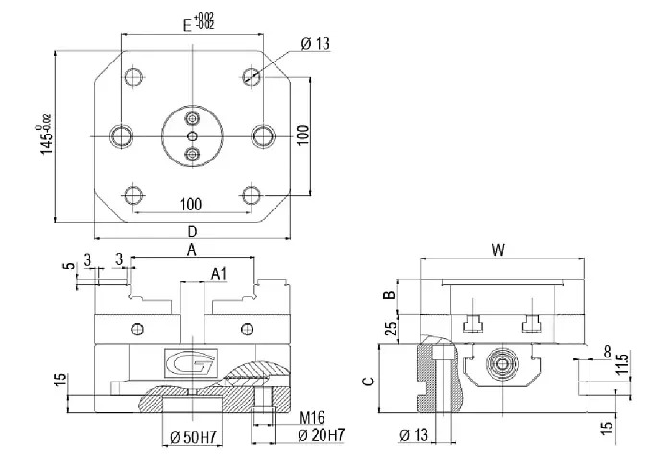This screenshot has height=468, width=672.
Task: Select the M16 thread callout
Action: click(312, 417)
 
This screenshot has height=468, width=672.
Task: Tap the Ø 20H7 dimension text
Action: click(322, 435)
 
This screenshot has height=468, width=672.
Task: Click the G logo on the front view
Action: click(191, 363)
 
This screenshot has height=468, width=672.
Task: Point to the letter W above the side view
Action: click(498, 250)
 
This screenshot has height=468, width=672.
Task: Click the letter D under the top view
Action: click(192, 232)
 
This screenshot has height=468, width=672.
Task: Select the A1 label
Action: click(219, 274)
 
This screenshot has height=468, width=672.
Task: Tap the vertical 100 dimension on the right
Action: click(302, 135)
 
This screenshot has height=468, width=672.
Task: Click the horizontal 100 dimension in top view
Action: click(191, 205)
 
